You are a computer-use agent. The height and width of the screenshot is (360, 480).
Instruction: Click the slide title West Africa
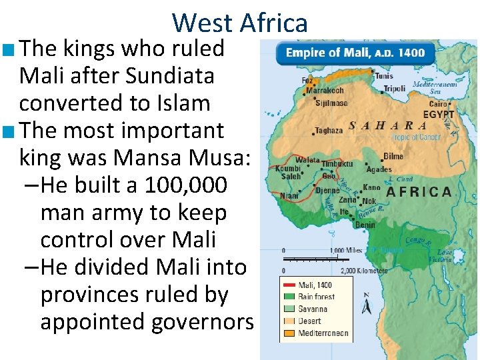pyautogui.click(x=240, y=23)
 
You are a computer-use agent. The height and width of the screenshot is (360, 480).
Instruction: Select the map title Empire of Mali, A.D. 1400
pyautogui.click(x=355, y=53)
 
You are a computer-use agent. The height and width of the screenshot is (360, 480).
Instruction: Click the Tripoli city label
pyautogui.click(x=395, y=89)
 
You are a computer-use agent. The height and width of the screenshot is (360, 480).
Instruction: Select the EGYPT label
pyautogui.click(x=438, y=115)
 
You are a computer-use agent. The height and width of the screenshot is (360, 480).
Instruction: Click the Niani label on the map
pyautogui.click(x=290, y=196)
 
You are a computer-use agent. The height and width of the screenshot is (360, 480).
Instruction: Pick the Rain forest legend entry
pyautogui.click(x=316, y=297)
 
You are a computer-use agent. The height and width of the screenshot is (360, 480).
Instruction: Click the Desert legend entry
pyautogui.click(x=309, y=320)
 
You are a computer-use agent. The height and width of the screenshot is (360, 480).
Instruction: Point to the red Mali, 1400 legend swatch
pyautogui.click(x=289, y=285)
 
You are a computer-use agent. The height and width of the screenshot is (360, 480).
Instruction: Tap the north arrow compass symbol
pyautogui.click(x=365, y=304)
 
